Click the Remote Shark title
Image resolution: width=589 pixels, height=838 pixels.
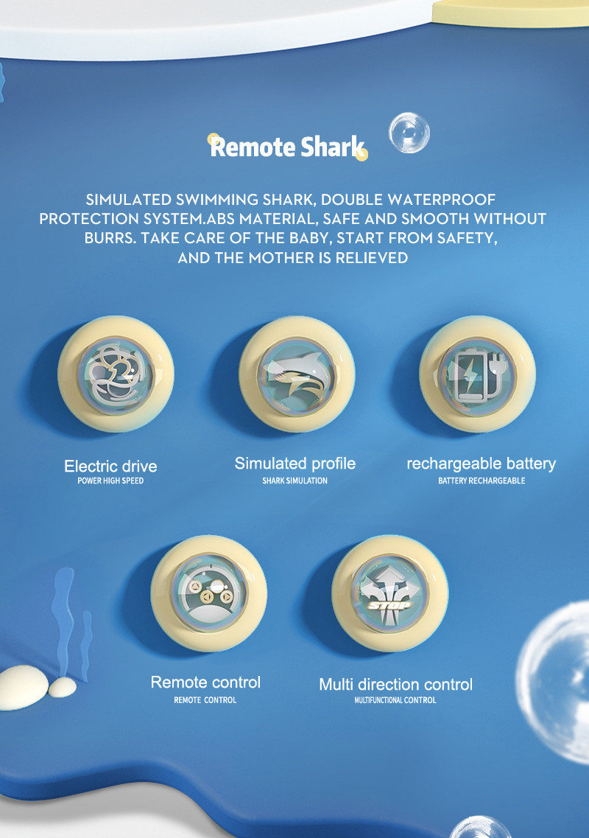pyautogui.click(x=287, y=147)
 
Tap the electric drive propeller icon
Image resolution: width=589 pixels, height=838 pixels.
pyautogui.click(x=116, y=374)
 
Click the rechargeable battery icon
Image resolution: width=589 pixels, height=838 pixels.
pyautogui.click(x=477, y=374)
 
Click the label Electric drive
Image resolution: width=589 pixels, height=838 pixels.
pyautogui.click(x=110, y=466)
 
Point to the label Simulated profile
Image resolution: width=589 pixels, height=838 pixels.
pyautogui.click(x=295, y=464)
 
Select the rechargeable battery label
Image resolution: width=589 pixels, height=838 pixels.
pyautogui.click(x=481, y=464)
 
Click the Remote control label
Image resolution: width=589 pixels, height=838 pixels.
pyautogui.click(x=205, y=682)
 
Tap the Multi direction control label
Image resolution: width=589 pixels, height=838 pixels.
pyautogui.click(x=395, y=685)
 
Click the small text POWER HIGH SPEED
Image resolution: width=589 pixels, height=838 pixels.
pyautogui.click(x=110, y=481)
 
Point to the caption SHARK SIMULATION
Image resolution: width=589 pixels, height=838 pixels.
pyautogui.click(x=295, y=481)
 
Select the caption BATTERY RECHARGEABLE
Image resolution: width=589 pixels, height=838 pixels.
pyautogui.click(x=482, y=481)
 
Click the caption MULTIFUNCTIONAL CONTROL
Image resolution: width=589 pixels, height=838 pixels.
pyautogui.click(x=395, y=700)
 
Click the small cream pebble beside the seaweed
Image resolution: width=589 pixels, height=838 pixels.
pyautogui.click(x=63, y=688)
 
